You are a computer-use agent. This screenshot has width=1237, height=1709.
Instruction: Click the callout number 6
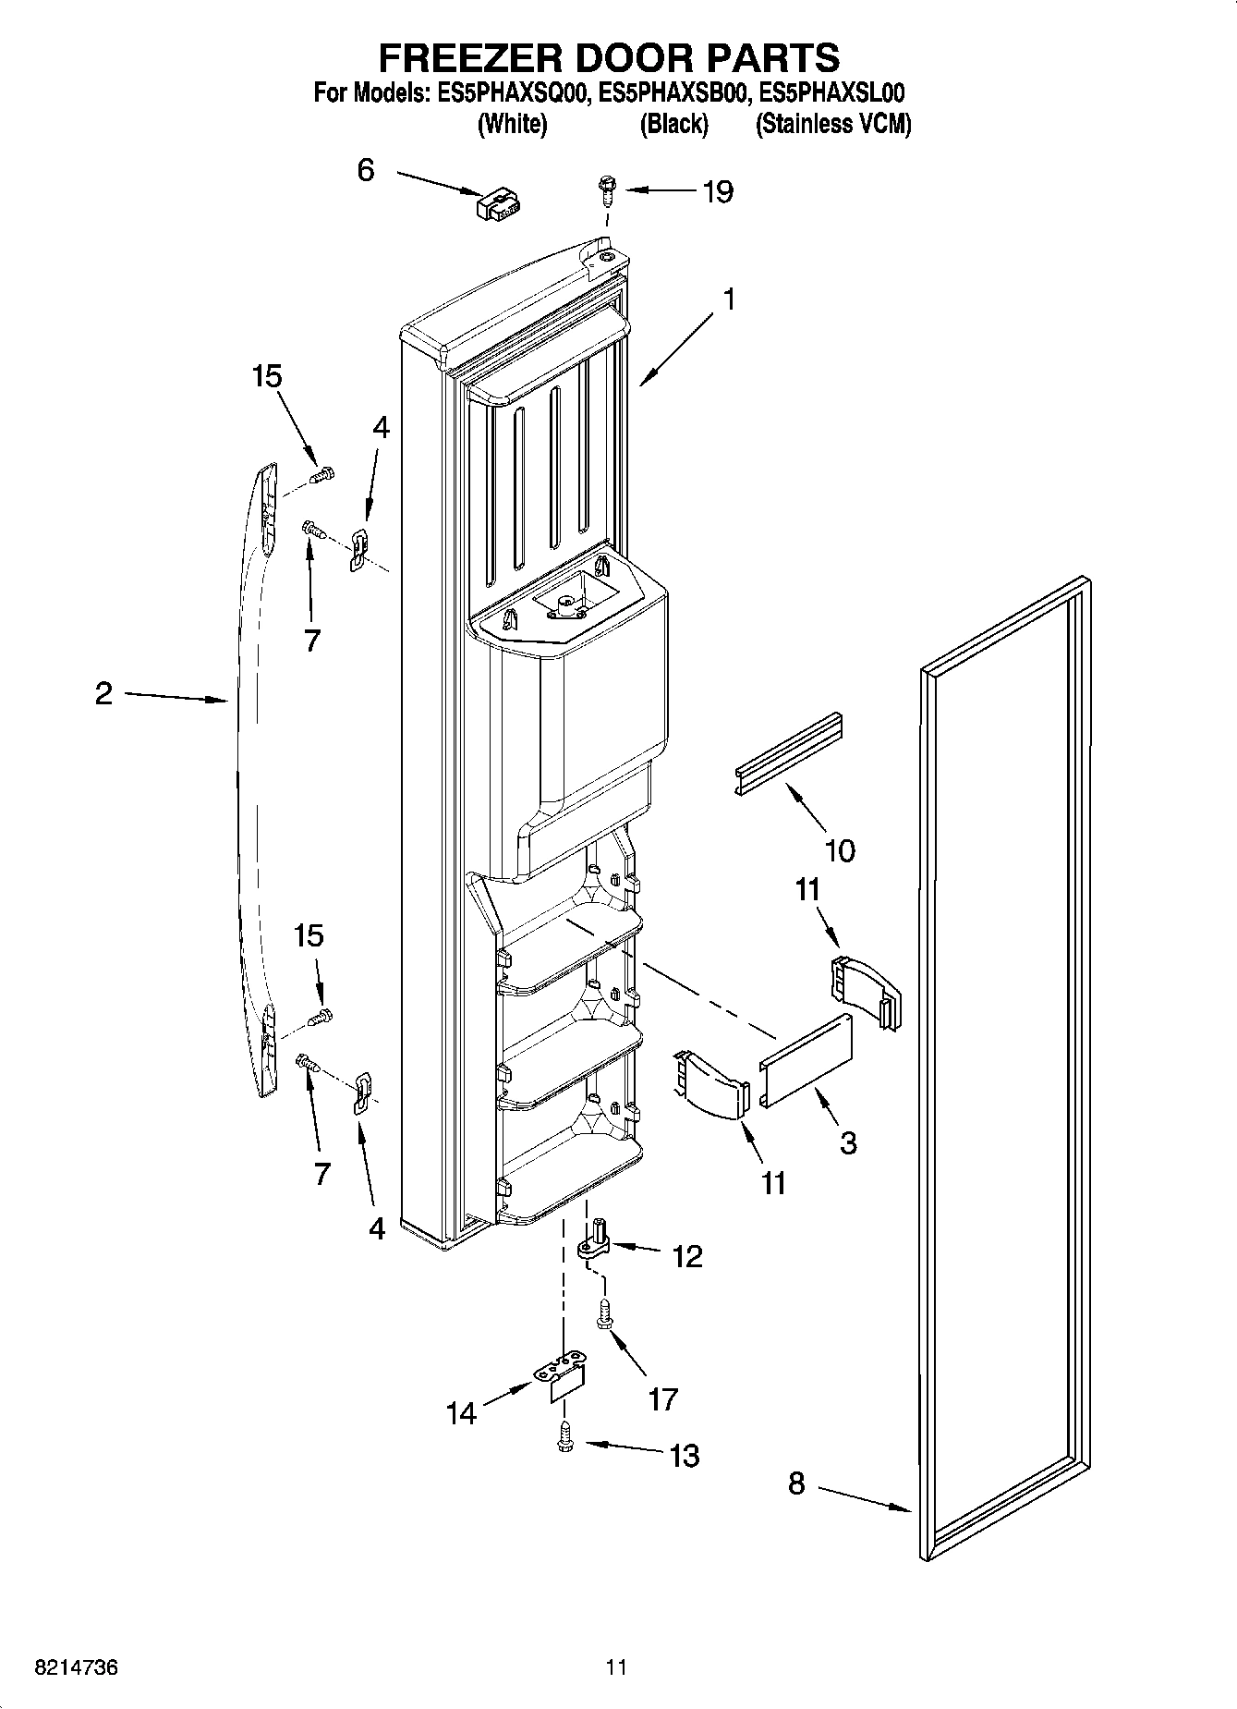point(366,170)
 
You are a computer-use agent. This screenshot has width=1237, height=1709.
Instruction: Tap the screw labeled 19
point(606,191)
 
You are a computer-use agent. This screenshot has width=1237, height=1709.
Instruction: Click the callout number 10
point(839,849)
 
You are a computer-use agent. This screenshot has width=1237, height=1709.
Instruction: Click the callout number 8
point(796,1484)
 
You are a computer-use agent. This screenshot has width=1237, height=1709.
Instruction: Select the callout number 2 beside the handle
point(103,693)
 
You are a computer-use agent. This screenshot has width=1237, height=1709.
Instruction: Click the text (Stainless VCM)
point(833,125)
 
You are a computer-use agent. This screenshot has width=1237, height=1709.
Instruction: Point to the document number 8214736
point(75,1667)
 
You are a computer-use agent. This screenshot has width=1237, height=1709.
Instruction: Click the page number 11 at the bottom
point(616,1667)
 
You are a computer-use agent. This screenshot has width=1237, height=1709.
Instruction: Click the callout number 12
point(687,1256)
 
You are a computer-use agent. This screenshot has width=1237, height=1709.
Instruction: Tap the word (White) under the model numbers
point(512,125)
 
